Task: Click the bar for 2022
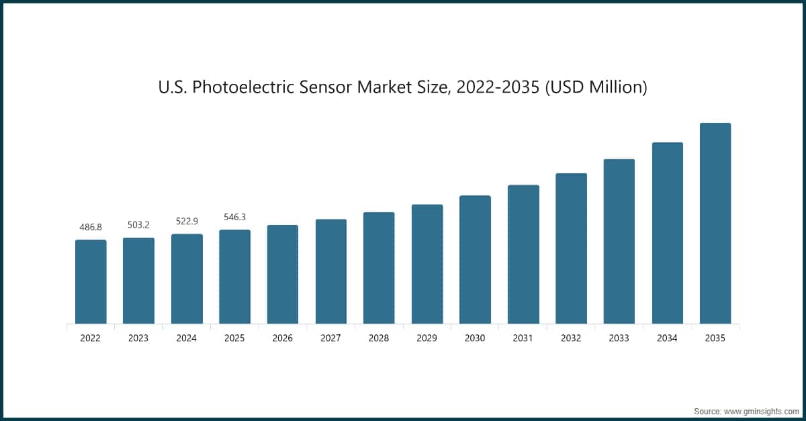91,282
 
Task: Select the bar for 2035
715,224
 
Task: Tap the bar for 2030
475,260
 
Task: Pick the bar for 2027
331,271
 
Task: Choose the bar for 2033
619,242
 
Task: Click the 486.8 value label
91,227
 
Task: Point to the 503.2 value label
138,225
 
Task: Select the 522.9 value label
187,221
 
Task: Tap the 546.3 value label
234,217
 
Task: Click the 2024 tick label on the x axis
187,338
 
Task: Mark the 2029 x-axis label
427,338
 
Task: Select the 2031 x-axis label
523,338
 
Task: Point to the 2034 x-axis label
667,338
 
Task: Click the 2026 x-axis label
283,338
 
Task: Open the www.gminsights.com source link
760,410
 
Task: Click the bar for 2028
379,268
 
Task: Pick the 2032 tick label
571,338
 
